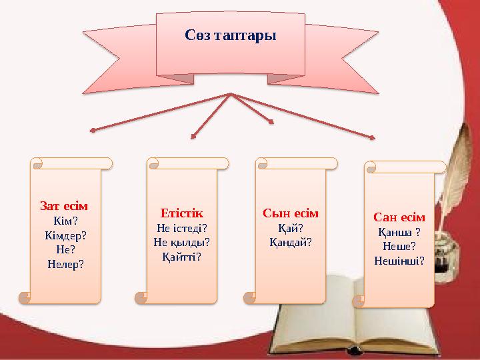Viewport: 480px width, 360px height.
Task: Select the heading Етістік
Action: pyautogui.click(x=181, y=214)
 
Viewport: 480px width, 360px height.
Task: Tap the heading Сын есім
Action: pyautogui.click(x=291, y=214)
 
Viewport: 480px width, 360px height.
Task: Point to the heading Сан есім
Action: pyautogui.click(x=399, y=218)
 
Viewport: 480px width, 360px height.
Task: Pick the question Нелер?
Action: pyautogui.click(x=65, y=263)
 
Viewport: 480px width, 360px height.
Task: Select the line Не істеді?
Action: pyautogui.click(x=181, y=228)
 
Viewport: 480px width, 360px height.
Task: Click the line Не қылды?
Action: pyautogui.click(x=181, y=242)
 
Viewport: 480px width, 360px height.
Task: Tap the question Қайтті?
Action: pyautogui.click(x=181, y=256)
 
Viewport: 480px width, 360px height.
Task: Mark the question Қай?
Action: pyautogui.click(x=291, y=228)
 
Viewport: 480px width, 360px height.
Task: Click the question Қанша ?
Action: pyautogui.click(x=399, y=232)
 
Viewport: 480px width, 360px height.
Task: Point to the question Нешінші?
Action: pyautogui.click(x=399, y=260)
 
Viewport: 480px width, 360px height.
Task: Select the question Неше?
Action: pyautogui.click(x=399, y=246)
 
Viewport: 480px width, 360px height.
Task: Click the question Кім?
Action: pyautogui.click(x=65, y=221)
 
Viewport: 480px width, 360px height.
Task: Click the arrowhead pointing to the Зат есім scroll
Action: pyautogui.click(x=93, y=130)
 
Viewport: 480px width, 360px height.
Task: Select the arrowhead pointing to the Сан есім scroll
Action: pyautogui.click(x=372, y=138)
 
